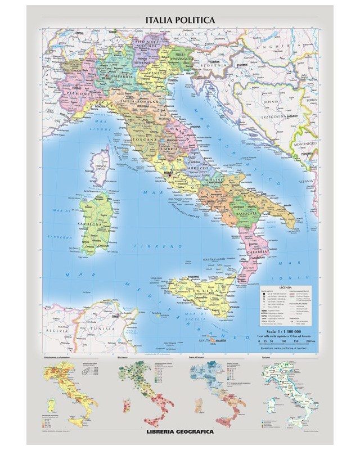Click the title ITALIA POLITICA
(180, 19)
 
